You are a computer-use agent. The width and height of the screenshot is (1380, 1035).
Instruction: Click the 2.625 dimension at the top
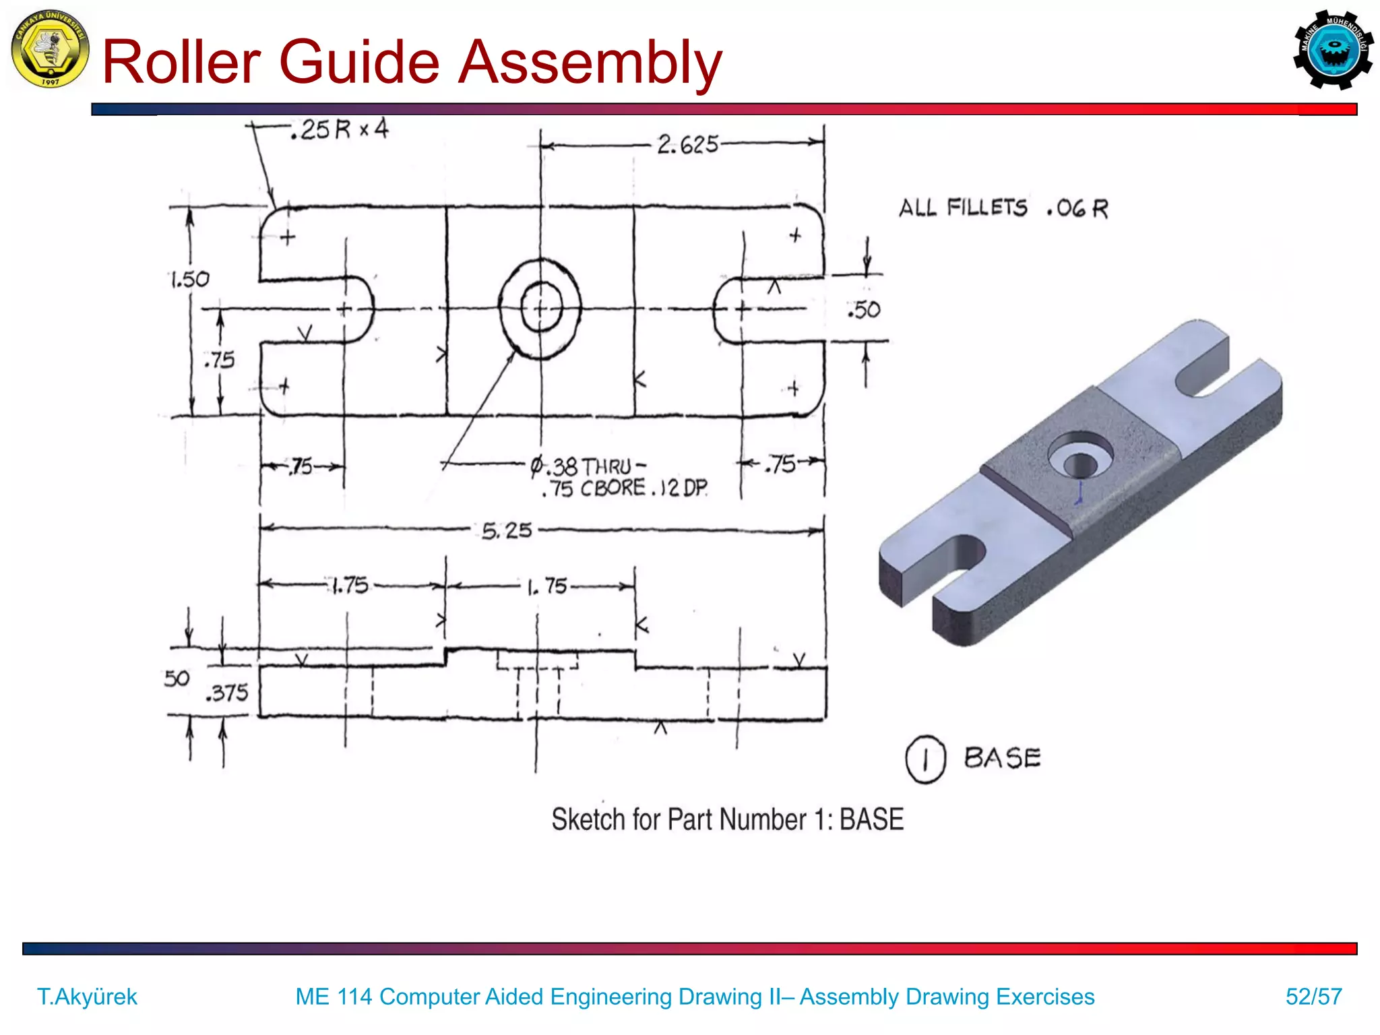[x=687, y=144]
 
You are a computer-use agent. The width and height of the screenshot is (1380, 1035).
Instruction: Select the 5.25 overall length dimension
[x=507, y=530]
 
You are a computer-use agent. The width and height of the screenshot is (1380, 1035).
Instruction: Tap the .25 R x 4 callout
[x=340, y=129]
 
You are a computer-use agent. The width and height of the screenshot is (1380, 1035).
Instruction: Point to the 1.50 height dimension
[x=189, y=279]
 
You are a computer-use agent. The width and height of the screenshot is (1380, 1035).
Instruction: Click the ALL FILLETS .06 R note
[x=1003, y=208]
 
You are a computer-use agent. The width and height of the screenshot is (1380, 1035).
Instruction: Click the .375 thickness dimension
[x=228, y=693]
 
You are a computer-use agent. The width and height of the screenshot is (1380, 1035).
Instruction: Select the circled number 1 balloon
[x=925, y=759]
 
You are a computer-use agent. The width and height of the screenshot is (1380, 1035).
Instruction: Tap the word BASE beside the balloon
[x=1002, y=758]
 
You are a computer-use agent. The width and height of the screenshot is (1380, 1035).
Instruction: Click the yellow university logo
[x=50, y=49]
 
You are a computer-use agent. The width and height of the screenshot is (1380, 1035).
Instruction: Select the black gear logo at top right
[x=1332, y=50]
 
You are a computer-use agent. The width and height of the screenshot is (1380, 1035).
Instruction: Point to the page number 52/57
[x=1313, y=996]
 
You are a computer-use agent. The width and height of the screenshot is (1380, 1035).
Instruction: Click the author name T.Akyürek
[x=87, y=996]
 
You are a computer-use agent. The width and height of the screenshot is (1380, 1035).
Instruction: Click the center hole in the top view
[x=540, y=308]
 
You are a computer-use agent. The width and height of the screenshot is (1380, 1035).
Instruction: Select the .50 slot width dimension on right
[x=864, y=309]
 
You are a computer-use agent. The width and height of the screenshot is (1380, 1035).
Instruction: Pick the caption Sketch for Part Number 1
[x=726, y=819]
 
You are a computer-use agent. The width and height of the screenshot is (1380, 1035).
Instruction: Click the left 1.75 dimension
[x=350, y=585]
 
